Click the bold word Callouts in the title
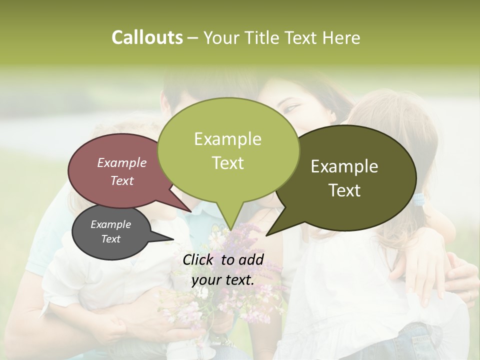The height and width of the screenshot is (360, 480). point(147,37)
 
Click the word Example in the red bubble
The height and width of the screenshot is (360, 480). point(121,162)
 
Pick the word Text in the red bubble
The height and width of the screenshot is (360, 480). point(121,180)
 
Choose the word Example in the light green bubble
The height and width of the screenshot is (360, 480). point(227,139)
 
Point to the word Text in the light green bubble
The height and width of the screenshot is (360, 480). point(227,163)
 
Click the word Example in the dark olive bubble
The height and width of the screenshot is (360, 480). point(344,166)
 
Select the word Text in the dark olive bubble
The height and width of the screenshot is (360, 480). point(344,190)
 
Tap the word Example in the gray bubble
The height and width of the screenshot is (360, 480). point(110,224)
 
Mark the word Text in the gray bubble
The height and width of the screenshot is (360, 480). point(110,239)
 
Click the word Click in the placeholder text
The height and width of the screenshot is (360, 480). point(198,259)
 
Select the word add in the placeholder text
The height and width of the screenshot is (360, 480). point(251,259)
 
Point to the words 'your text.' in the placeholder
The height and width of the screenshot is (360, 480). point(223,280)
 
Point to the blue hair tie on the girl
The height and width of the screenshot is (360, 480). point(419,199)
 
